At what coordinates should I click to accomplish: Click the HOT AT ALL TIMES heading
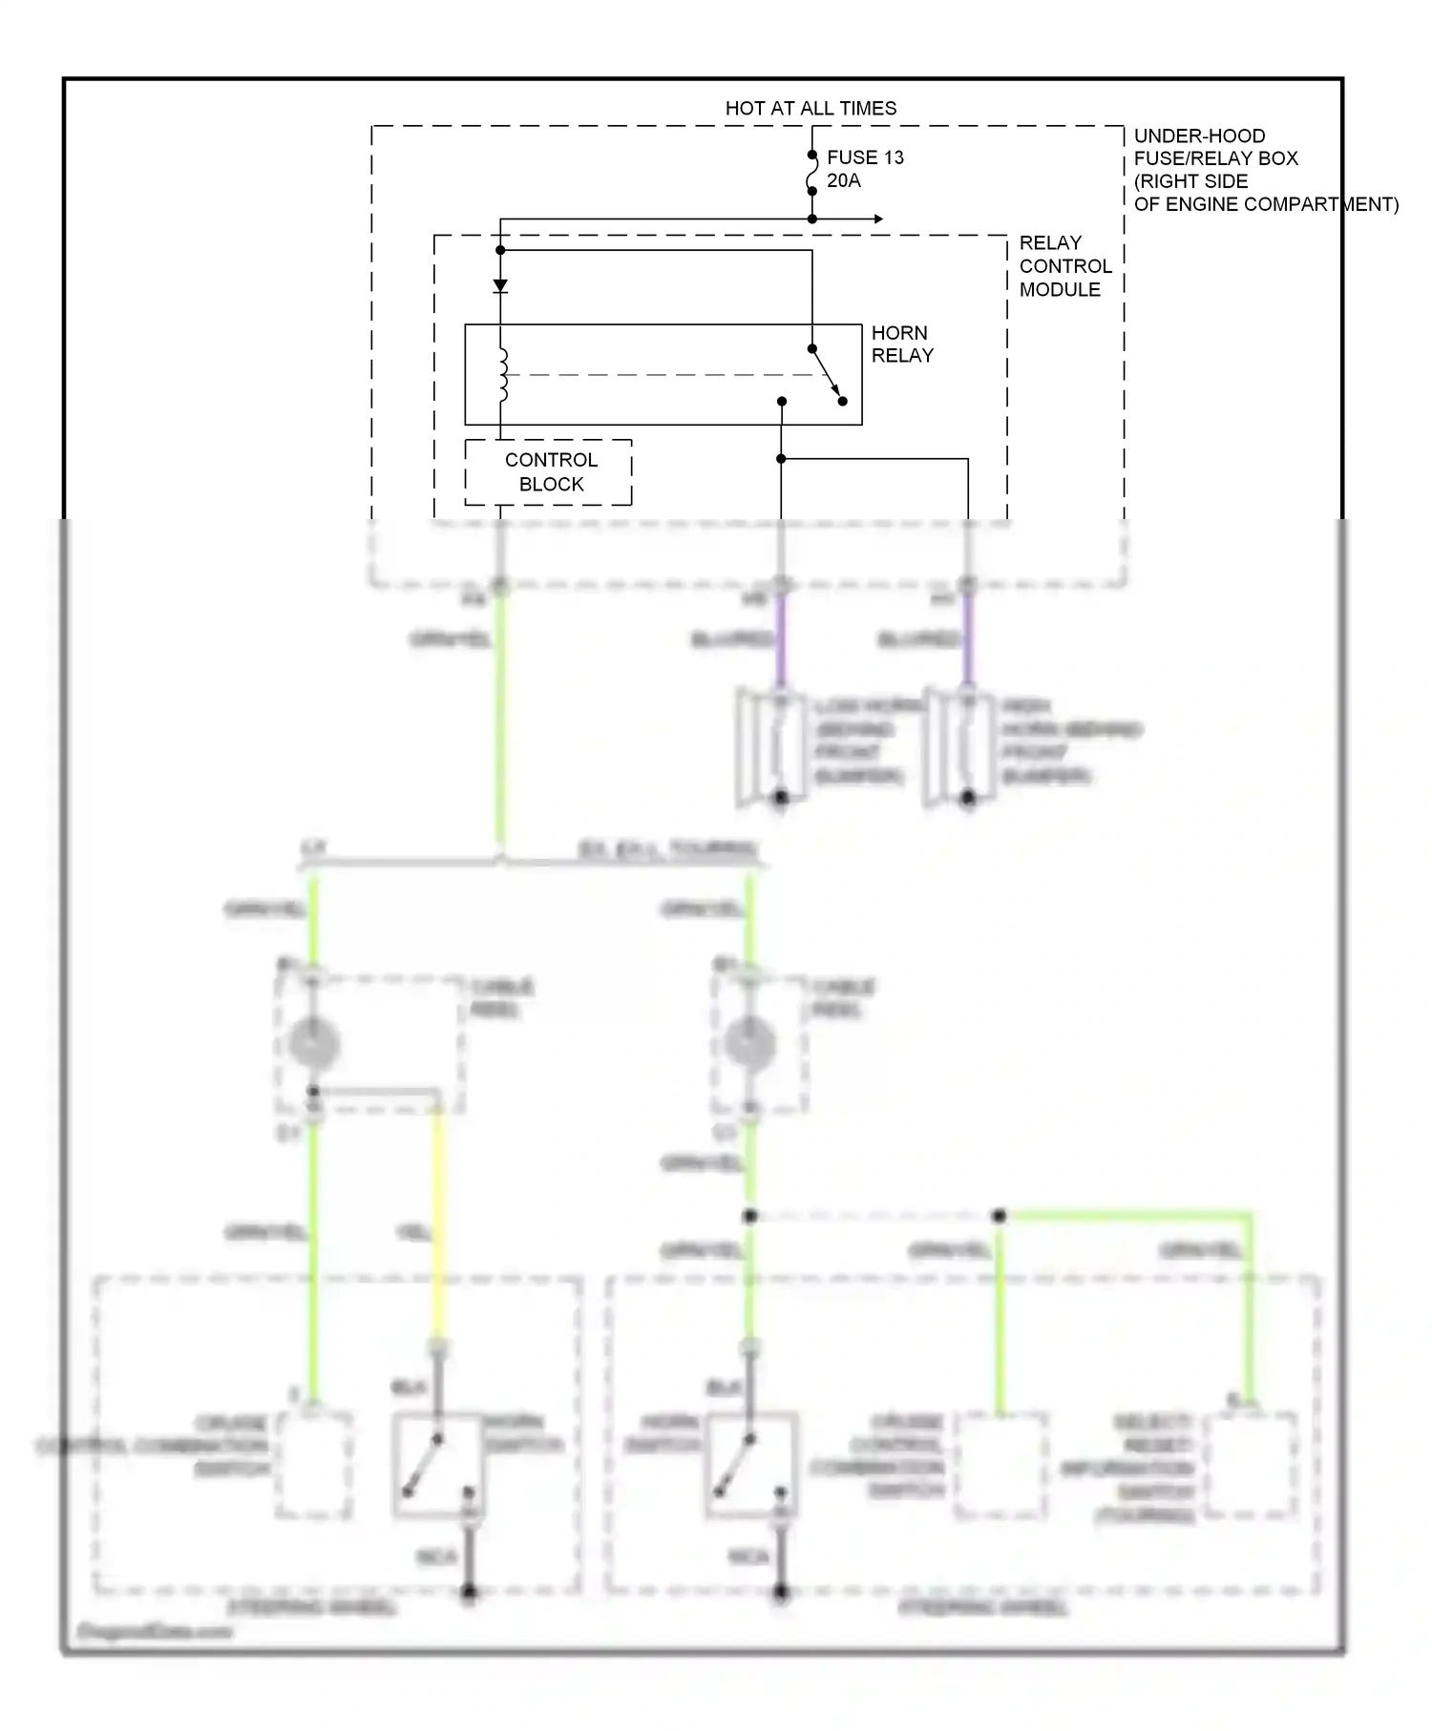[x=811, y=108]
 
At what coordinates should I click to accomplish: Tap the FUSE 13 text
[x=865, y=157]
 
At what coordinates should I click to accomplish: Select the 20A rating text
[x=844, y=180]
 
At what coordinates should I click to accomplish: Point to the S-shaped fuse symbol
[x=812, y=173]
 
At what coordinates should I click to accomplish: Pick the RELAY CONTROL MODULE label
[x=1064, y=265]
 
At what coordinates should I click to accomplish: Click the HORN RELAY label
[x=901, y=344]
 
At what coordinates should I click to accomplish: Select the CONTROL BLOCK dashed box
[x=548, y=472]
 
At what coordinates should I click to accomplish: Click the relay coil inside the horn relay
[x=502, y=374]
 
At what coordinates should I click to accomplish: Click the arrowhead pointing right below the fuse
[x=876, y=219]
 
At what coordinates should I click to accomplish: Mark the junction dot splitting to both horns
[x=781, y=459]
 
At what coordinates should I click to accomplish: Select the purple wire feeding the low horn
[x=781, y=637]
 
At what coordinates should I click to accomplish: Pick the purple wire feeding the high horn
[x=968, y=637]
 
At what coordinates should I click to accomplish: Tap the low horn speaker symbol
[x=769, y=748]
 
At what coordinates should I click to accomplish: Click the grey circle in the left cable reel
[x=314, y=1042]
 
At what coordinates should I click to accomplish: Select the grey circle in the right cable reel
[x=750, y=1042]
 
